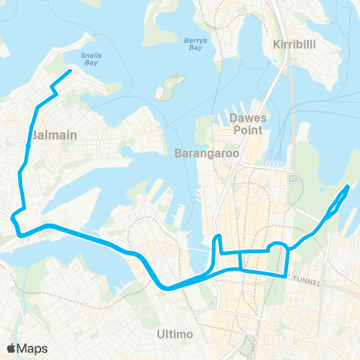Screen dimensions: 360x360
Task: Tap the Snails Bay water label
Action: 92,59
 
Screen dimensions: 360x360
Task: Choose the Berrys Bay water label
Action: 195,45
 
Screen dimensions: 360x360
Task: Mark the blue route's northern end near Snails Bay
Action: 70,71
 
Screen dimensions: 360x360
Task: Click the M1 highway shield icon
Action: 294,178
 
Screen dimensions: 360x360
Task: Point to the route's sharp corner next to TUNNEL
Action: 286,275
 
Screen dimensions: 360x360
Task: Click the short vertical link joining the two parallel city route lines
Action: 240,259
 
